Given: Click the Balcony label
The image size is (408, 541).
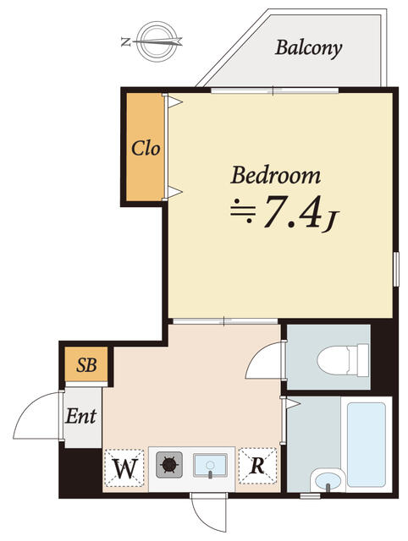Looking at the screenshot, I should (x=308, y=47).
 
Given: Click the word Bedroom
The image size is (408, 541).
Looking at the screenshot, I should (x=276, y=176).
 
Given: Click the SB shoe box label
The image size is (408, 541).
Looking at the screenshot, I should (x=86, y=366).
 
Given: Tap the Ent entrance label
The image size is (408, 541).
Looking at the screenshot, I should (x=81, y=416).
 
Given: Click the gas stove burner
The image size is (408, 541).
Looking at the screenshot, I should (x=169, y=464).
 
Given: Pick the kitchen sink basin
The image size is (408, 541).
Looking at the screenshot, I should (x=211, y=464).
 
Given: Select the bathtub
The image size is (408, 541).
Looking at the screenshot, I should (x=366, y=443).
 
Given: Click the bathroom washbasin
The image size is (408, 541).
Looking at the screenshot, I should (x=326, y=480).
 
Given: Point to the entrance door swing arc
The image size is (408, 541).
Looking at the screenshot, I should (x=36, y=416).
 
